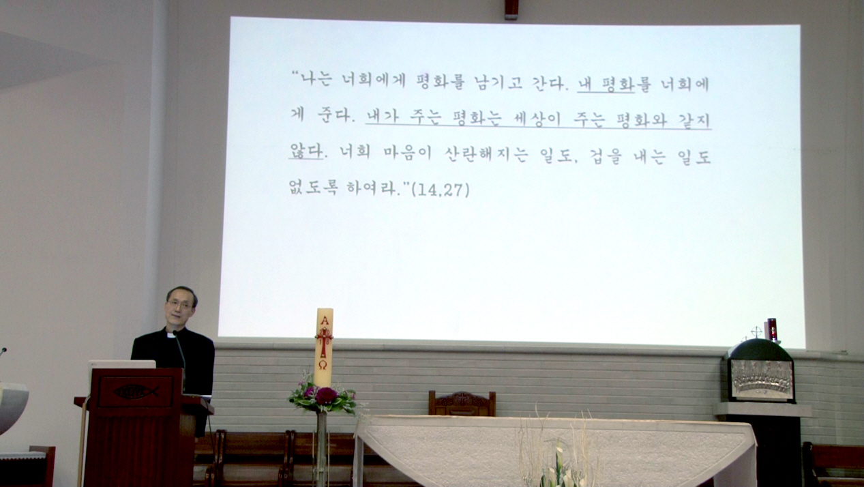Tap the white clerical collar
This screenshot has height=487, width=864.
pos(171,336)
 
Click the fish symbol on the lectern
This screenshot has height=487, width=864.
pos(136,392)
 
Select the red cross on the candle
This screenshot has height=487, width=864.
pos(324,342)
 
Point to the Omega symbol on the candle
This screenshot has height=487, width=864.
pos(323,365)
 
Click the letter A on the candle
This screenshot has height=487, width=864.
pos(325,321)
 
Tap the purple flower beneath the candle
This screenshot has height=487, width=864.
pos(327,396)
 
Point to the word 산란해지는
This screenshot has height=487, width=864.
pos(486,154)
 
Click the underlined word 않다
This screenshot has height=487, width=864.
pos(306,151)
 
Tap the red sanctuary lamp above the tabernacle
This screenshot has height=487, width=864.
pos(771,329)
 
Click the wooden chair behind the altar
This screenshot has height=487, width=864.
pos(462,404)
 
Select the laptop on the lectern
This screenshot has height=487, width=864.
pos(122,365)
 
